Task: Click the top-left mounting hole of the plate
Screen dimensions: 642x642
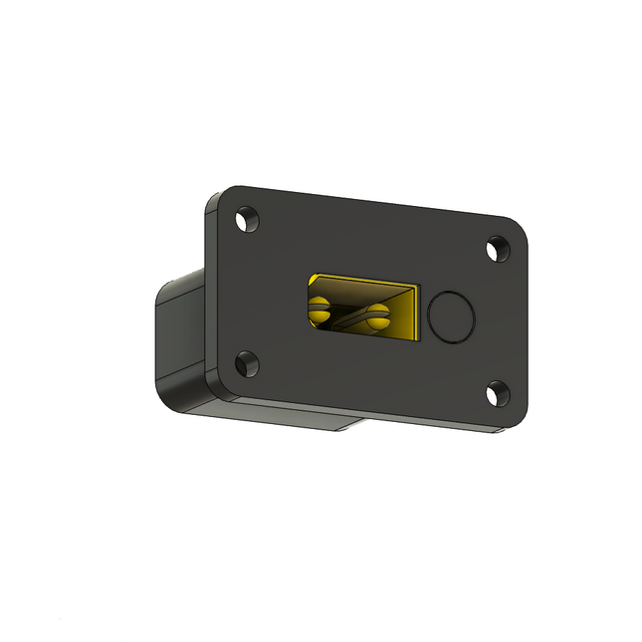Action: click(246, 218)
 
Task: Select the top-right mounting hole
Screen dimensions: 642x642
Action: click(497, 249)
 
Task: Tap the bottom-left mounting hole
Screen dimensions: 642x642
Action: click(245, 364)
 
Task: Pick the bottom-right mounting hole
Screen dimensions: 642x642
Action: click(498, 395)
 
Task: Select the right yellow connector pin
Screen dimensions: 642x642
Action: click(375, 318)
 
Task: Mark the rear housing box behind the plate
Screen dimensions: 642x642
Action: click(179, 338)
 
